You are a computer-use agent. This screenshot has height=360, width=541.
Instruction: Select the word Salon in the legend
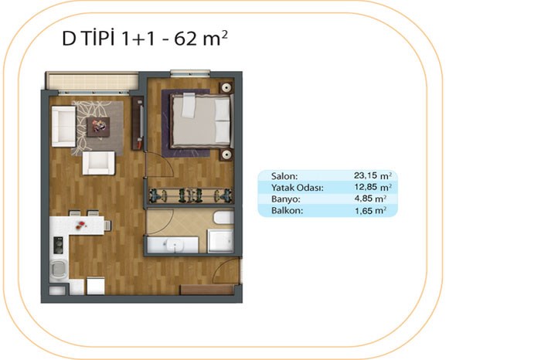click(x=284, y=176)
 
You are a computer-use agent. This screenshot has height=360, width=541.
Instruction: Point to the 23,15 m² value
click(x=373, y=175)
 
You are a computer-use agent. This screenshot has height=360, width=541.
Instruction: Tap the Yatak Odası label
click(x=298, y=188)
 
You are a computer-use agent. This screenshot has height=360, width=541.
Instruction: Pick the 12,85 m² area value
click(x=373, y=187)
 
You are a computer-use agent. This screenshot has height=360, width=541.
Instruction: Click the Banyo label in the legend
click(x=286, y=199)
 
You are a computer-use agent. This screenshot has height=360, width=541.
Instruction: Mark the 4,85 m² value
click(x=370, y=199)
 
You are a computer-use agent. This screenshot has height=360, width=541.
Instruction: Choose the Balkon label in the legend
click(x=287, y=211)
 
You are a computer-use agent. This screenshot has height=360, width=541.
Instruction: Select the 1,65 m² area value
click(x=370, y=210)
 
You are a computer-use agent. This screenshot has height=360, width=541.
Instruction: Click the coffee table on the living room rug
click(x=98, y=127)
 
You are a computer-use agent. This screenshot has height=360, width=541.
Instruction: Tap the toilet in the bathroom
click(x=223, y=218)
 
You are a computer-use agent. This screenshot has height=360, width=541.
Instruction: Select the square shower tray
click(x=220, y=241)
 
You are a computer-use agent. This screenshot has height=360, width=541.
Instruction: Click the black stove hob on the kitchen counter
click(x=58, y=245)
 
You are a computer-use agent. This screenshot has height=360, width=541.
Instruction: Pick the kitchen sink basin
click(x=60, y=269)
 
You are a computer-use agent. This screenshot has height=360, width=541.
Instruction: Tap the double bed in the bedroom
click(x=201, y=121)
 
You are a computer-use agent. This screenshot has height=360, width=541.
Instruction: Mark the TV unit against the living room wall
click(x=138, y=123)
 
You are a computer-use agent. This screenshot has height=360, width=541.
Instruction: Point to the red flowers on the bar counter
click(x=80, y=225)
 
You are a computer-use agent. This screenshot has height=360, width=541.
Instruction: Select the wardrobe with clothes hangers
click(x=190, y=195)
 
